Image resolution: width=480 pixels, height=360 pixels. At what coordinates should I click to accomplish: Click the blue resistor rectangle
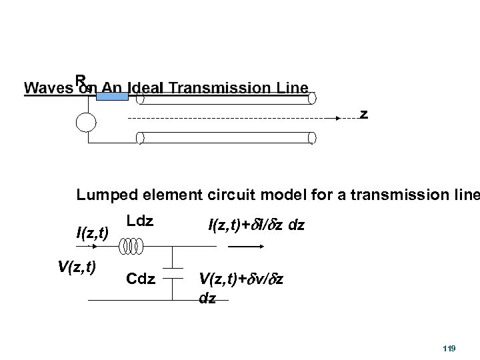click(112, 95)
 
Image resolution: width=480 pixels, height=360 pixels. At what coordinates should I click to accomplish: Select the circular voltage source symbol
click(85, 123)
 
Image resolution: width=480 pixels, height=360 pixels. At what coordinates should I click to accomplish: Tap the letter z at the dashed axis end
click(363, 114)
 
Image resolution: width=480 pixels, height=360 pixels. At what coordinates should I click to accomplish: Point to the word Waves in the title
click(47, 88)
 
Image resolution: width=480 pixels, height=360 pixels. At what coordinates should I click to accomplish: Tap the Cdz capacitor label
click(140, 277)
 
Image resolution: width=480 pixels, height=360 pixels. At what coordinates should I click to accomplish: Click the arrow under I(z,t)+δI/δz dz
click(241, 245)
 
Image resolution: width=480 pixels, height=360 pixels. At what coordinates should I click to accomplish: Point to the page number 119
click(449, 349)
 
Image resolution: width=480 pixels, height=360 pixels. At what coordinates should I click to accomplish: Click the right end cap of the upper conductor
click(312, 98)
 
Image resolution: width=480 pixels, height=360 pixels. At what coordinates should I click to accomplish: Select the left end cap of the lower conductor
click(140, 137)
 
